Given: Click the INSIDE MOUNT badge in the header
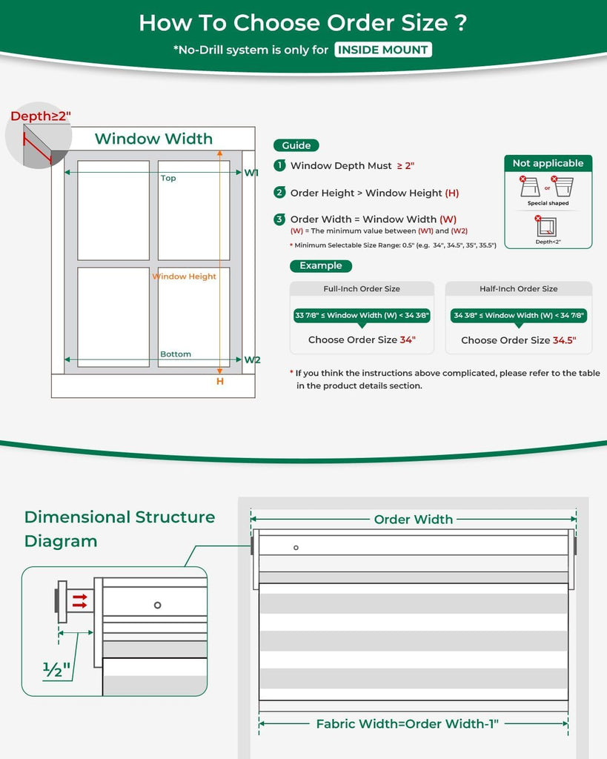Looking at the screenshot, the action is coord(383,50).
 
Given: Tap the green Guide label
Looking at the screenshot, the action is coord(296,145).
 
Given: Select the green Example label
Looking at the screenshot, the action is coord(320,266).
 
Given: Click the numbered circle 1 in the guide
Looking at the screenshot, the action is coord(279,165).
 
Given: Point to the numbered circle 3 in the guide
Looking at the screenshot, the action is coord(279,219).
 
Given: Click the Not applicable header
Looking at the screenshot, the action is coord(548,163).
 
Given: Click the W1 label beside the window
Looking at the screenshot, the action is coord(251,173).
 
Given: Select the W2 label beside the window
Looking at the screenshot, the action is coord(252,359).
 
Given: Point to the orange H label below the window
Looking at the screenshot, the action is coord(220,382).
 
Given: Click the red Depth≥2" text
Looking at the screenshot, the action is coord(41,116).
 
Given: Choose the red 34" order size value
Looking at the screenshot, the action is coord(408,339).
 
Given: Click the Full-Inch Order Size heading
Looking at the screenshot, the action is coord(362,289).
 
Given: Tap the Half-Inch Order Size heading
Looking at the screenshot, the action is coord(518,289).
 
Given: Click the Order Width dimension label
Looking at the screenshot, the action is coord(414,520).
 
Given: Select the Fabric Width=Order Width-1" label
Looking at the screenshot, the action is coord(407,724).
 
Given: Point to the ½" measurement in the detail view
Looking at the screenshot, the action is coord(56,669).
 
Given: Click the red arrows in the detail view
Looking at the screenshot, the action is coord(80,601).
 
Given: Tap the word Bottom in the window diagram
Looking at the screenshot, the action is coord(176,354).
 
